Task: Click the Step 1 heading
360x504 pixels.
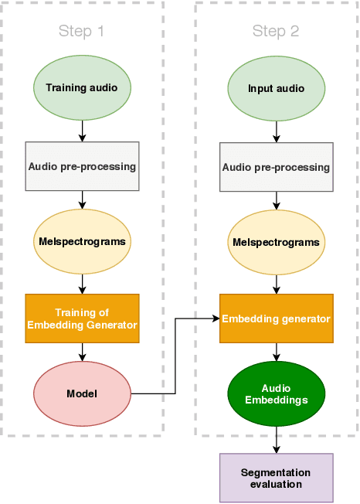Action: tap(81, 32)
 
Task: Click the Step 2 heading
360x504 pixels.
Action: tap(276, 32)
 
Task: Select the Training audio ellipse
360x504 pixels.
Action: tap(82, 87)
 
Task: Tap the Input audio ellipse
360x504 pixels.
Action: tap(276, 87)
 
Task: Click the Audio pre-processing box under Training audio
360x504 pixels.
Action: tap(82, 166)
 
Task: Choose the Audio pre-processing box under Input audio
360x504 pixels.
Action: tap(276, 167)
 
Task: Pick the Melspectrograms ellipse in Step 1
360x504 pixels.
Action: tap(82, 241)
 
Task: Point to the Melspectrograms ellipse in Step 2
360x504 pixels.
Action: tap(276, 242)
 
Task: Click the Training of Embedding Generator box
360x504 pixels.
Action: tap(82, 318)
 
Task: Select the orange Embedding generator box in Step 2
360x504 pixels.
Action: tap(276, 318)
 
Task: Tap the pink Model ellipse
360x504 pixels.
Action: tap(82, 393)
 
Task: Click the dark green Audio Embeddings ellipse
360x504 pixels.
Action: tap(276, 394)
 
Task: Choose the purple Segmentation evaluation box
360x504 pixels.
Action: tap(276, 478)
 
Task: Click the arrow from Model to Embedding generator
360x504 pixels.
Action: tap(177, 356)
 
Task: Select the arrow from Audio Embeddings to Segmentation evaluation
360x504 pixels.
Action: tap(276, 439)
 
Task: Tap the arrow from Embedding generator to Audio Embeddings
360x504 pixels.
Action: tap(276, 353)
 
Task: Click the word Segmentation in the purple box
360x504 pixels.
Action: tap(276, 472)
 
